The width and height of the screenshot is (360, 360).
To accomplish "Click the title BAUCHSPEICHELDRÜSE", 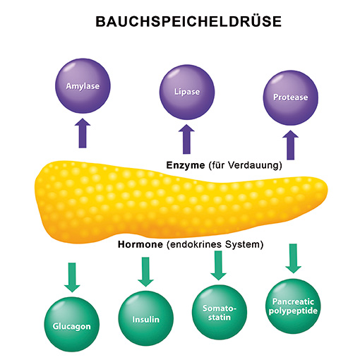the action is pyautogui.click(x=188, y=21).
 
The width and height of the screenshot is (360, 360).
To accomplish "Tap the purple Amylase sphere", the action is pyautogui.click(x=83, y=86).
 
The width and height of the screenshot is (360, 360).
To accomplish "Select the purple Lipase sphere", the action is pyautogui.click(x=187, y=92).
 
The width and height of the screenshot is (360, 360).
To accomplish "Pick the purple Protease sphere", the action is pyautogui.click(x=291, y=97).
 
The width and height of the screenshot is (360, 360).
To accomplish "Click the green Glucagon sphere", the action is pyautogui.click(x=72, y=324).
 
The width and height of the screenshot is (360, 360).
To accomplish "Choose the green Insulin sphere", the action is pyautogui.click(x=145, y=318).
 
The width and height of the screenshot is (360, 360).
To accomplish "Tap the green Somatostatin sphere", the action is pyautogui.click(x=220, y=312).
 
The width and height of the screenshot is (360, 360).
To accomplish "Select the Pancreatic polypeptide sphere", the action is pyautogui.click(x=293, y=306).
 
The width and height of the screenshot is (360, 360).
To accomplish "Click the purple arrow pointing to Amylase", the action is pyautogui.click(x=83, y=133).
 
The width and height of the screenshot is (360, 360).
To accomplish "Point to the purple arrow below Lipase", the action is pyautogui.click(x=186, y=139).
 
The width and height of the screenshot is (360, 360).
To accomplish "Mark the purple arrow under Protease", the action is pyautogui.click(x=291, y=145).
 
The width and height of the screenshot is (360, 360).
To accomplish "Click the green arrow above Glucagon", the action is pyautogui.click(x=72, y=277).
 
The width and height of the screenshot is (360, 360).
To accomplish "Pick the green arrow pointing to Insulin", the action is pyautogui.click(x=145, y=272).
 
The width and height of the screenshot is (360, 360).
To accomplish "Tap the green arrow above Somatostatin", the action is pyautogui.click(x=219, y=265).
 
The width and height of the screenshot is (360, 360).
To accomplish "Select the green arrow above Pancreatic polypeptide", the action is pyautogui.click(x=293, y=258).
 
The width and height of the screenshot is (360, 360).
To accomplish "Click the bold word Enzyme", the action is pyautogui.click(x=186, y=166).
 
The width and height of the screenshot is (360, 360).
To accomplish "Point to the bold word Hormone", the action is pyautogui.click(x=140, y=244).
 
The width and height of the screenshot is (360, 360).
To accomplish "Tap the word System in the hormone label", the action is pyautogui.click(x=242, y=245).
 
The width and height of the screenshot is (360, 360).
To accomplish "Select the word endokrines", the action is pyautogui.click(x=196, y=244).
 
